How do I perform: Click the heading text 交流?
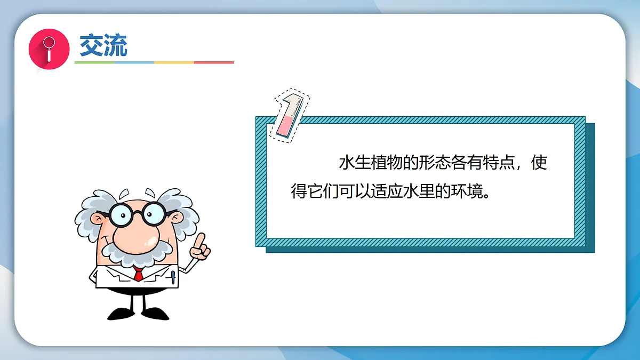click(x=103, y=45)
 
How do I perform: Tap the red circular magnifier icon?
click(x=49, y=48)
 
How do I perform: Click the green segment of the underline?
click(x=94, y=62)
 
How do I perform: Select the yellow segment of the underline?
click(x=174, y=62)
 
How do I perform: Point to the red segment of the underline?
click(x=214, y=62)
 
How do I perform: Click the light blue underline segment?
click(x=134, y=62)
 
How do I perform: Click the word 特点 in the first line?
click(x=497, y=163)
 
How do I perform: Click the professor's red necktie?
click(x=139, y=275)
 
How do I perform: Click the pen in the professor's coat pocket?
click(x=173, y=277)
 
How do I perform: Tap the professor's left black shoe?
click(x=120, y=313)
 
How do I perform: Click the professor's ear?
click(x=98, y=219)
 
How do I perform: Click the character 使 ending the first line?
click(x=539, y=163)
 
